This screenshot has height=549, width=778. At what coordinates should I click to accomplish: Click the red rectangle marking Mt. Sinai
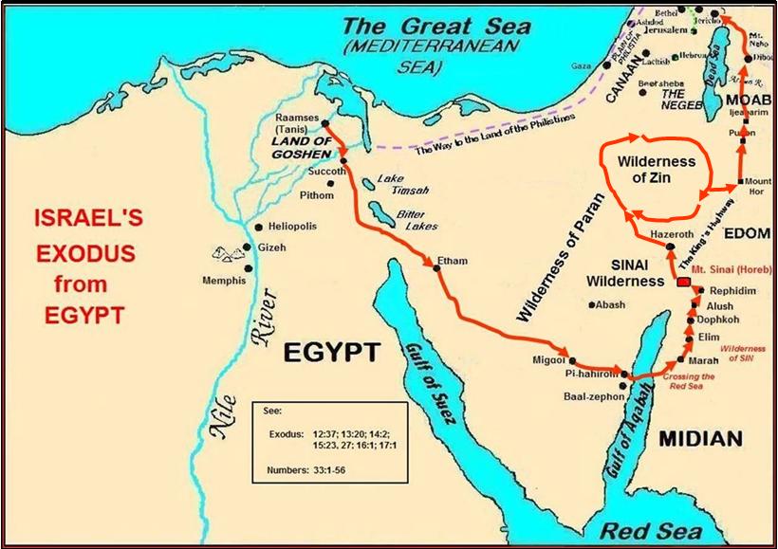click(682, 283)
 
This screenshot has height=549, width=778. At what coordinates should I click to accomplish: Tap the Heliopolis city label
click(292, 227)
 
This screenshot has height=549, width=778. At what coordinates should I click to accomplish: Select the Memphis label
click(224, 281)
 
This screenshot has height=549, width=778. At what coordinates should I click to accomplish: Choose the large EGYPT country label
click(332, 354)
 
